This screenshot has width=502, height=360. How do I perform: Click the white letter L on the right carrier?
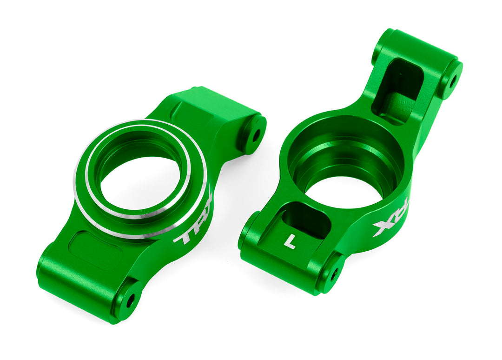click(290, 241)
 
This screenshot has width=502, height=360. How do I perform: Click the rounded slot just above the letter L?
click(304, 219)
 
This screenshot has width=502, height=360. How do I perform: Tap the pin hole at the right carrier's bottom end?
click(333, 273)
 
